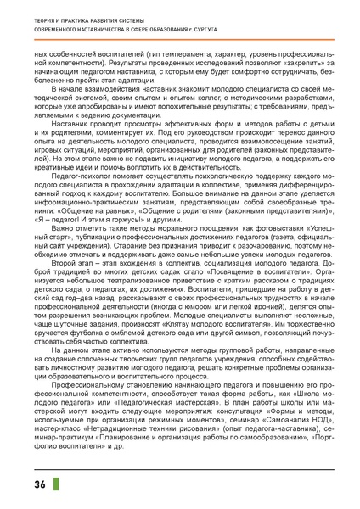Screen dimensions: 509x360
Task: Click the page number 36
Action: pos(40,484)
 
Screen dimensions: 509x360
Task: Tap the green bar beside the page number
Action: pos(56,484)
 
